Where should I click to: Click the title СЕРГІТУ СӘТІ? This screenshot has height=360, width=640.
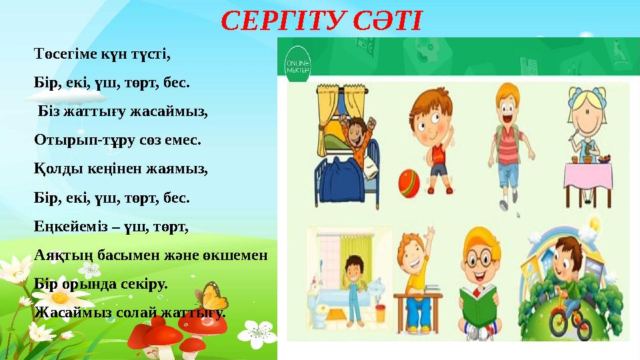321,21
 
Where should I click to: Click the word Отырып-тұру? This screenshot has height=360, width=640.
75,141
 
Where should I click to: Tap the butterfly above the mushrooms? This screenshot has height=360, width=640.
212,295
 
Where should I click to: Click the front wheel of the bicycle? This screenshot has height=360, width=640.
559,325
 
